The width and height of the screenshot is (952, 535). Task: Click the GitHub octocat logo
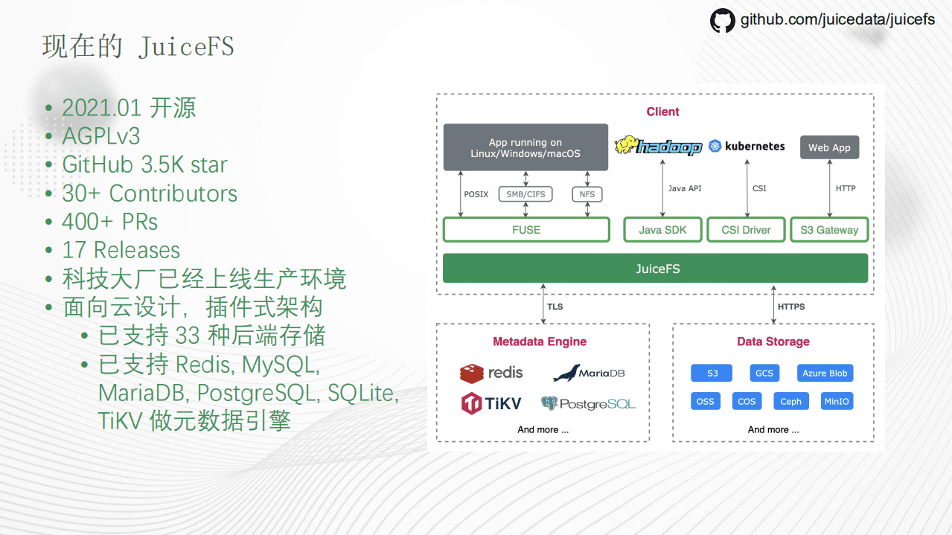(x=722, y=20)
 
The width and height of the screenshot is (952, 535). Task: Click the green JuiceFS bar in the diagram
(x=655, y=269)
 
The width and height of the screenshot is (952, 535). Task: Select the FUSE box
(x=526, y=230)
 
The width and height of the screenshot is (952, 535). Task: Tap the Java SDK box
(x=662, y=230)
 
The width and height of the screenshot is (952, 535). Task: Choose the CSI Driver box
(x=746, y=230)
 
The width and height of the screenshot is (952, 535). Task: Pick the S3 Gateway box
(x=829, y=230)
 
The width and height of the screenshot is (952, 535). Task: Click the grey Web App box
(x=829, y=147)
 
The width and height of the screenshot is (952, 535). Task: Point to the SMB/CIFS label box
(x=525, y=194)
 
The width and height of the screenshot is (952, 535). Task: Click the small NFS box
(x=587, y=194)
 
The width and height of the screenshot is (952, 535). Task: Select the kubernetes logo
(x=747, y=146)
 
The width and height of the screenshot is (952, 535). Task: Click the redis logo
(x=491, y=373)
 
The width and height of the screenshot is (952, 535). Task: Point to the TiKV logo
(x=491, y=404)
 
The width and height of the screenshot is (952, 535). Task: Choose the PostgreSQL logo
(x=588, y=404)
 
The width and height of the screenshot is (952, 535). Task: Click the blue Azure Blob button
(x=824, y=374)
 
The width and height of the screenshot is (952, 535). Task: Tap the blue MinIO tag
(x=836, y=401)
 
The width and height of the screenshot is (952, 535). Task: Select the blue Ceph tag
(x=790, y=401)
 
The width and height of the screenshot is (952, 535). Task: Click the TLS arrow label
(x=555, y=307)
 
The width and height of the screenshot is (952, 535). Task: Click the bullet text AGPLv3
(x=101, y=136)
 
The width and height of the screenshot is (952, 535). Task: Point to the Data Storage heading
(x=773, y=342)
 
